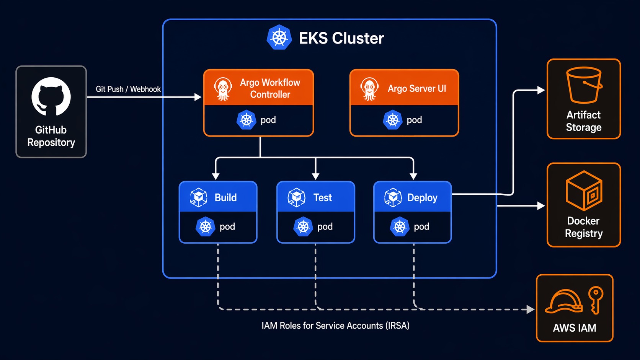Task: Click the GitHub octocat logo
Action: click(51, 96)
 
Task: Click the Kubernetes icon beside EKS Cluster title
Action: click(279, 37)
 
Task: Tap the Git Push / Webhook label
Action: click(128, 89)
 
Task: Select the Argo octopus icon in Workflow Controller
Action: click(223, 89)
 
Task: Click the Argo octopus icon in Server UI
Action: click(369, 89)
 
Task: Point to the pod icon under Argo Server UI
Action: click(393, 120)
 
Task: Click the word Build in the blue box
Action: click(225, 197)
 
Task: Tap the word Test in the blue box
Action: click(322, 197)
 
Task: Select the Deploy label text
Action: click(422, 197)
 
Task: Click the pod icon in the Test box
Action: click(303, 226)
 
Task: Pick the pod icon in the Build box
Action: click(206, 226)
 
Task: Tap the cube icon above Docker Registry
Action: click(584, 191)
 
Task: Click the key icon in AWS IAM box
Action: click(596, 300)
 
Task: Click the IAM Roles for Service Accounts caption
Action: click(335, 326)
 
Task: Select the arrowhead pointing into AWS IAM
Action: click(531, 309)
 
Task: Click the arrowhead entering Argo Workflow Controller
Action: click(198, 97)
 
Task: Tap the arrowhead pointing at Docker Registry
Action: click(541, 206)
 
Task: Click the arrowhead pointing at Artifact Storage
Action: click(541, 90)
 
